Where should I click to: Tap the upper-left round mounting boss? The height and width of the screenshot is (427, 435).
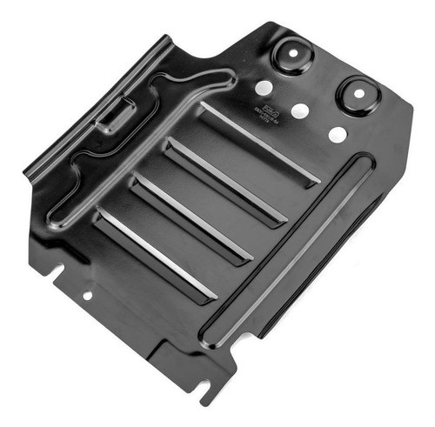click(292, 55)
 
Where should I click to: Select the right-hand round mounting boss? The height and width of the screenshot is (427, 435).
click(358, 93)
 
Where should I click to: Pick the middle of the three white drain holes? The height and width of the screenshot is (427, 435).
click(300, 111)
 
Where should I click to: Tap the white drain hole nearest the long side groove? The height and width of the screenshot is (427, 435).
click(337, 135)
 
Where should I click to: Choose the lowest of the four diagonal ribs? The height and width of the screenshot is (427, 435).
click(157, 254)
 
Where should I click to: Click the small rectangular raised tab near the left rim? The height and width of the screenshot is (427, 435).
click(117, 114)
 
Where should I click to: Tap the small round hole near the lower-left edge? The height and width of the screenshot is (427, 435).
click(87, 295)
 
